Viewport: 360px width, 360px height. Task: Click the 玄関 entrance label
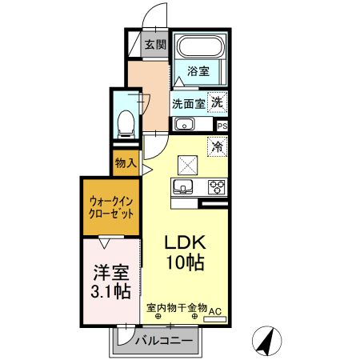coord(156,45)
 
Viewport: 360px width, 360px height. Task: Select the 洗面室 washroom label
coord(189,103)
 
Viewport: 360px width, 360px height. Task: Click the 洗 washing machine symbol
coord(217,102)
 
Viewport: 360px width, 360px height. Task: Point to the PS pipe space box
coord(222,126)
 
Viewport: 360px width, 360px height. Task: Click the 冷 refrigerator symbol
coord(216,146)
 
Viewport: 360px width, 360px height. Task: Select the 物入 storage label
coord(126,163)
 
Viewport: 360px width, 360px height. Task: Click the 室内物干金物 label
coord(177,307)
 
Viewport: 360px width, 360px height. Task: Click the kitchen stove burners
coord(216,187)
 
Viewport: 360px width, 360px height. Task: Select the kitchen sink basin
coord(182,188)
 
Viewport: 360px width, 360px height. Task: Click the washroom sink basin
coord(184,124)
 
